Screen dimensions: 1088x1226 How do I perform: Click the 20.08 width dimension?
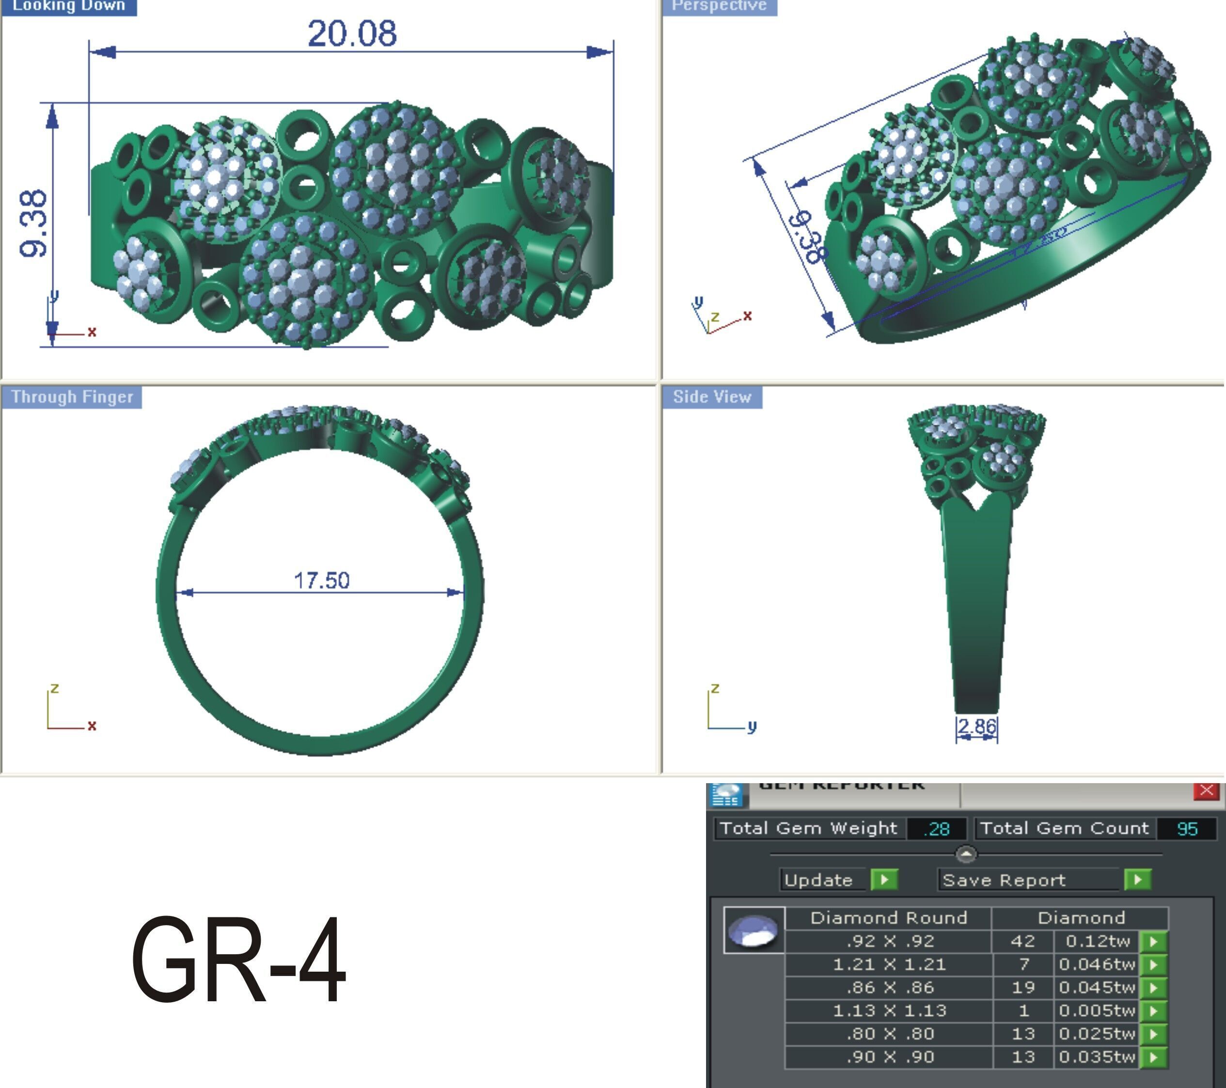pos(352,33)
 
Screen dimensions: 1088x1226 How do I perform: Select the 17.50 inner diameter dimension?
pos(321,581)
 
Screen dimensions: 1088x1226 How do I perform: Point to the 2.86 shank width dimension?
pos(976,726)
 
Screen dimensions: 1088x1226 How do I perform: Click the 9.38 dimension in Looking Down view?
pos(33,224)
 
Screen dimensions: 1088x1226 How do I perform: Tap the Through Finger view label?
pos(72,397)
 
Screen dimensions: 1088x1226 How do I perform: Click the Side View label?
pos(712,397)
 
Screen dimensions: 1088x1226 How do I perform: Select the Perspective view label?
pos(719,6)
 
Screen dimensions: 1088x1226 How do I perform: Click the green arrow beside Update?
pos(884,880)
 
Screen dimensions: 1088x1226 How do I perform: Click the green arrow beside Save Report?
pos(1138,880)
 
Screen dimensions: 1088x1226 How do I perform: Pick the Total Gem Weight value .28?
pos(936,829)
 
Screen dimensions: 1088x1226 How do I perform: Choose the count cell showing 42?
pos(1022,941)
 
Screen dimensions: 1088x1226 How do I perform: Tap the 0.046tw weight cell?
pos(1097,964)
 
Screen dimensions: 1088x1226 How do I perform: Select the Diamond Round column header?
pos(888,918)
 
